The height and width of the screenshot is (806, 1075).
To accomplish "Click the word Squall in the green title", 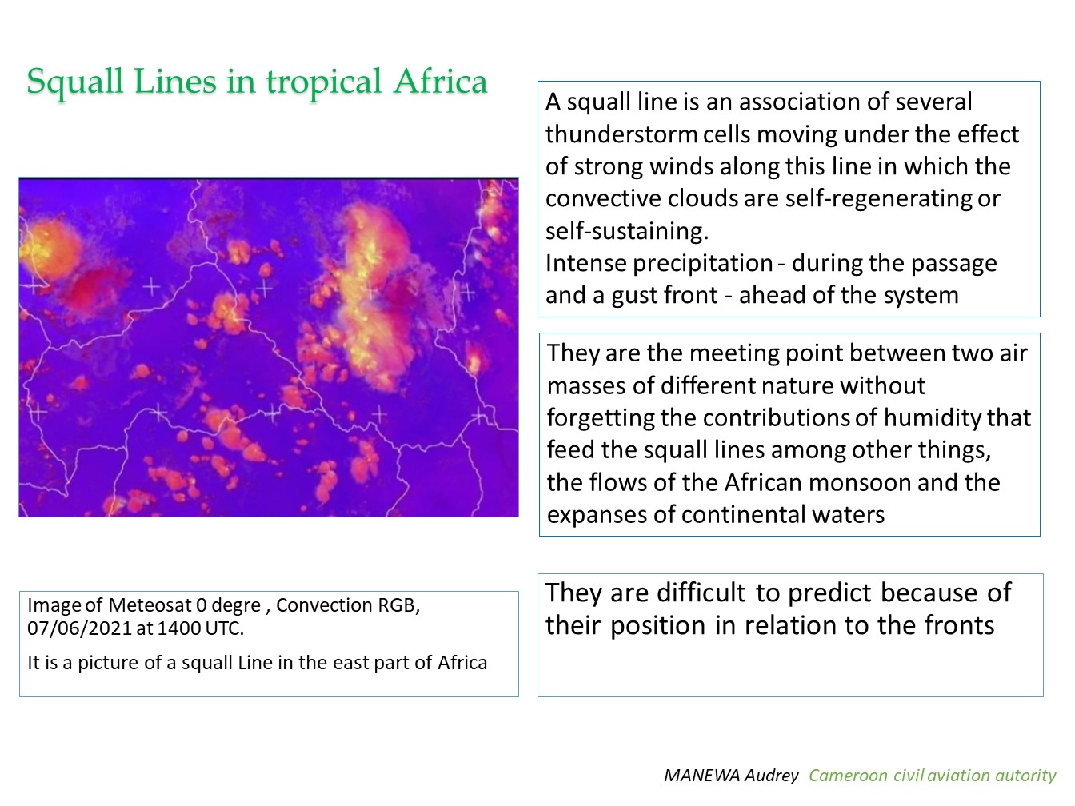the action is coord(74,82).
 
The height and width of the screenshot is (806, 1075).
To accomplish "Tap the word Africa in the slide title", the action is coord(441,81).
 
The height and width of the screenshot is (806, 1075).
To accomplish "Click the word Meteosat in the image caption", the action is coord(150,605).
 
